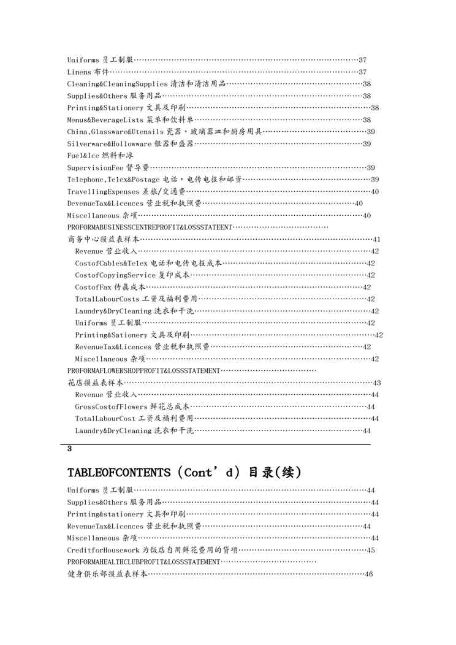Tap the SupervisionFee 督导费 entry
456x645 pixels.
point(108,167)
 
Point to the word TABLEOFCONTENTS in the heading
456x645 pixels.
point(118,473)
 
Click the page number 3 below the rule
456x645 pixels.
point(70,449)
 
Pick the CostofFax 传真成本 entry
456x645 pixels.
point(110,287)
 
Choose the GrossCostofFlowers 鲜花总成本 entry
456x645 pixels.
point(132,406)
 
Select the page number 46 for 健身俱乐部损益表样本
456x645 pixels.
point(369,574)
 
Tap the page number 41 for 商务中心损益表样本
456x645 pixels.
point(377,239)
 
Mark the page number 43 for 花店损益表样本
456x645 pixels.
point(377,383)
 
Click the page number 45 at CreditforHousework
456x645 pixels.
point(371,550)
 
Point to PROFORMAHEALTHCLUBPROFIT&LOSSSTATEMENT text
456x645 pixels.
point(143,562)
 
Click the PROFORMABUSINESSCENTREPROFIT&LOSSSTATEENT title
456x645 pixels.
point(150,227)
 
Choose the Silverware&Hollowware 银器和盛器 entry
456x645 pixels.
point(130,143)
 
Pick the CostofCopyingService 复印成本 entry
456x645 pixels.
point(132,275)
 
